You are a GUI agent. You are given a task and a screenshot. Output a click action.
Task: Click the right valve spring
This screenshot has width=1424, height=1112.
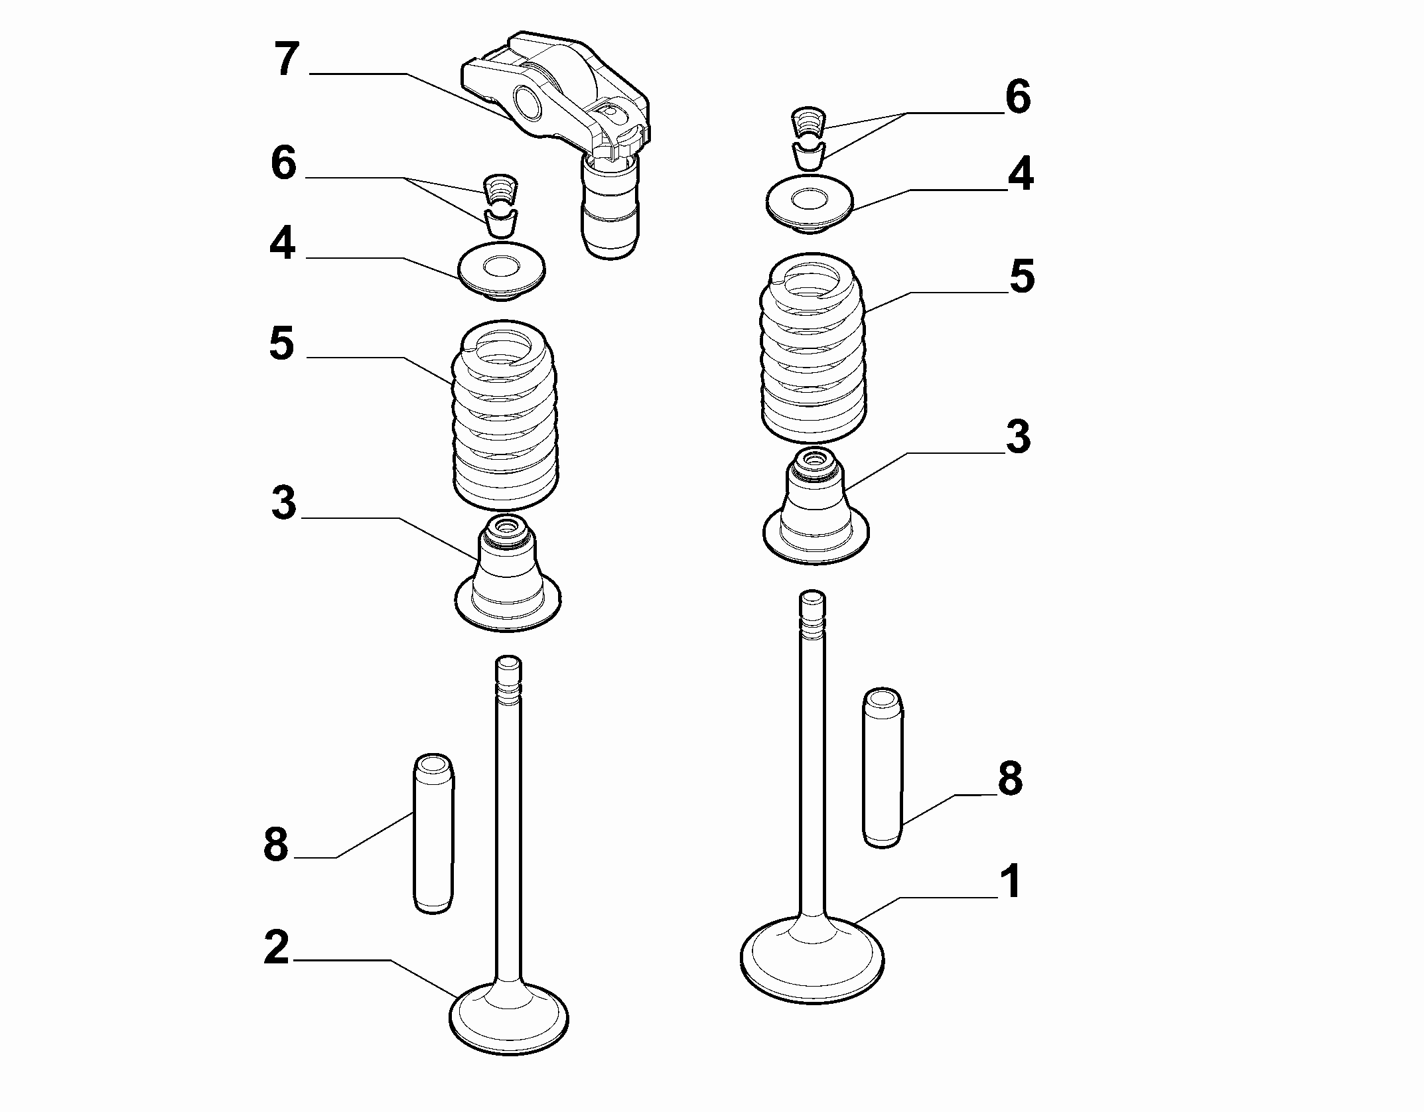(814, 348)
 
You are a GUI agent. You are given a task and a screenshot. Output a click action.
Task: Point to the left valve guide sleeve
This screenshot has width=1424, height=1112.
(433, 833)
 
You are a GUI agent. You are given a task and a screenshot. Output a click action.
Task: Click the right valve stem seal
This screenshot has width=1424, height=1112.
(816, 508)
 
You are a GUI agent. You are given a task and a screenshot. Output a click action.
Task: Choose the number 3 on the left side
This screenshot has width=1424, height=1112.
(283, 502)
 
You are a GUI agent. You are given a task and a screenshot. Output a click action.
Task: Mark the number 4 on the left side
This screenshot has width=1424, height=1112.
(282, 243)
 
